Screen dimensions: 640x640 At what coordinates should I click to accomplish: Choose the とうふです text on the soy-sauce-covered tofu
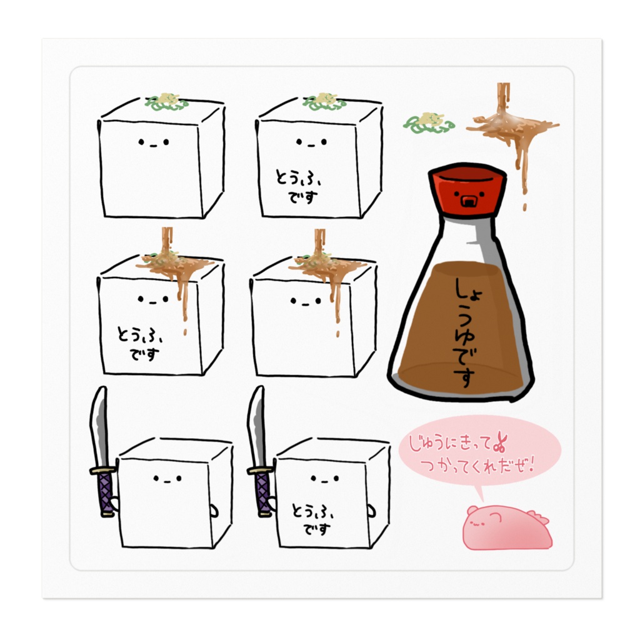click(x=139, y=343)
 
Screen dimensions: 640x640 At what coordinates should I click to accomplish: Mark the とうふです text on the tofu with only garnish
click(x=297, y=186)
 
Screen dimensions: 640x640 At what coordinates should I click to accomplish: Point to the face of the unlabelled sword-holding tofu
click(x=167, y=479)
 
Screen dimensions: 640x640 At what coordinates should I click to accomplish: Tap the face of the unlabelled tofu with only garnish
click(x=154, y=142)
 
